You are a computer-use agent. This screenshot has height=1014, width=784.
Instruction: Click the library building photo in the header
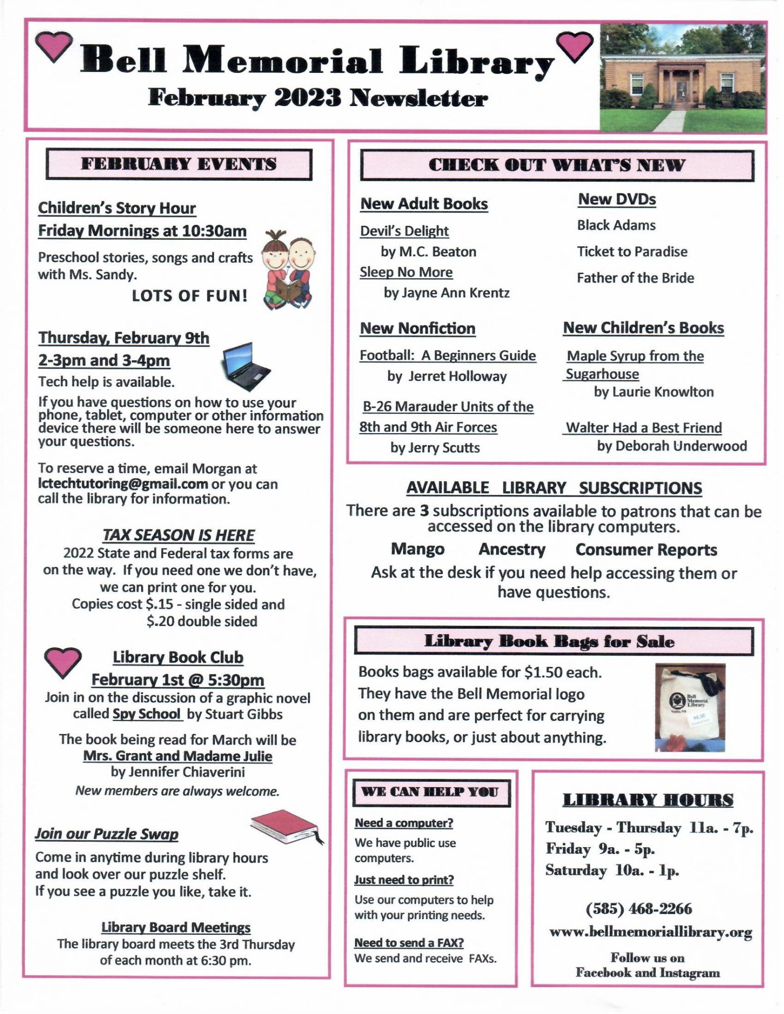(x=682, y=77)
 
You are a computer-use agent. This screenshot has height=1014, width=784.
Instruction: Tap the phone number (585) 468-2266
(x=638, y=909)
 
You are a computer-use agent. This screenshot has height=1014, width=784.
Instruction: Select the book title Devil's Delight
(x=404, y=231)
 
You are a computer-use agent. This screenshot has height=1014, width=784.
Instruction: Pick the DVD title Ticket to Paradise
(x=632, y=252)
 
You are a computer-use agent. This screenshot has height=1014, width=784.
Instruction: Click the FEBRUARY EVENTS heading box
(x=179, y=164)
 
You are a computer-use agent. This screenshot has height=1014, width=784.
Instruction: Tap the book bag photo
(x=690, y=708)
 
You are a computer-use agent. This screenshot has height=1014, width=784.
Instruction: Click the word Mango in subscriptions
(x=418, y=549)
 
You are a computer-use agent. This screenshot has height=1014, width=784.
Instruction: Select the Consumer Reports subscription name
(x=646, y=550)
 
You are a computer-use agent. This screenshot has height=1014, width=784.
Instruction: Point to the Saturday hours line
(x=612, y=870)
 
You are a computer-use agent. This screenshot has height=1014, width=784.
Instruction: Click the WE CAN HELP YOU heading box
(x=430, y=792)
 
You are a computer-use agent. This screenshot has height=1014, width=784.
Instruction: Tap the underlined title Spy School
(x=147, y=714)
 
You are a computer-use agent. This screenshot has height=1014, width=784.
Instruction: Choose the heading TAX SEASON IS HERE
(x=178, y=535)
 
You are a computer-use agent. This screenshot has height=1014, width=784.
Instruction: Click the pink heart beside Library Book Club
(x=62, y=662)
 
